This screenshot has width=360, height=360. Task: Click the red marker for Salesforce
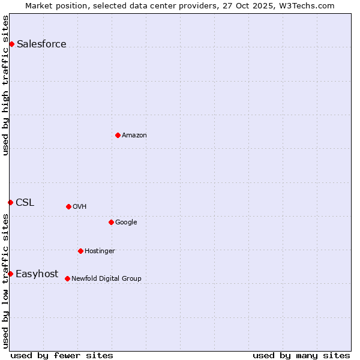[11, 44]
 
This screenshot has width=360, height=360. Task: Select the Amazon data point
[118, 135]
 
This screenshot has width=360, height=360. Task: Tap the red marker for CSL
[10, 202]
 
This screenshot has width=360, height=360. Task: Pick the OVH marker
[68, 206]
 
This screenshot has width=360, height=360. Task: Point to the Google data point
[111, 222]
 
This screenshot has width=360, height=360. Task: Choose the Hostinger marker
[80, 251]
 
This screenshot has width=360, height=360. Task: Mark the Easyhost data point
[10, 274]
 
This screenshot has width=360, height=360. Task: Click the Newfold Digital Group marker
[67, 278]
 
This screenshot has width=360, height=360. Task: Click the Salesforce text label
[41, 44]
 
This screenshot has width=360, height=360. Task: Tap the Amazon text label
[134, 135]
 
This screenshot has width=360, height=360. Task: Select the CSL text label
[25, 202]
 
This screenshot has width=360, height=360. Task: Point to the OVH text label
[80, 206]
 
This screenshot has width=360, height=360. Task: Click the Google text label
[126, 222]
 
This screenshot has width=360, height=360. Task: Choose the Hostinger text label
[100, 251]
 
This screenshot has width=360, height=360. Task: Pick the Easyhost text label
[37, 274]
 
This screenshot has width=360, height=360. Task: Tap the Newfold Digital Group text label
[106, 278]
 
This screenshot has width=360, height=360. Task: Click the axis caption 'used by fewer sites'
[62, 355]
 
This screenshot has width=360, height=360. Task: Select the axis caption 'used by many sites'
[301, 355]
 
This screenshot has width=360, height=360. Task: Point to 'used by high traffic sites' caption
[6, 85]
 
